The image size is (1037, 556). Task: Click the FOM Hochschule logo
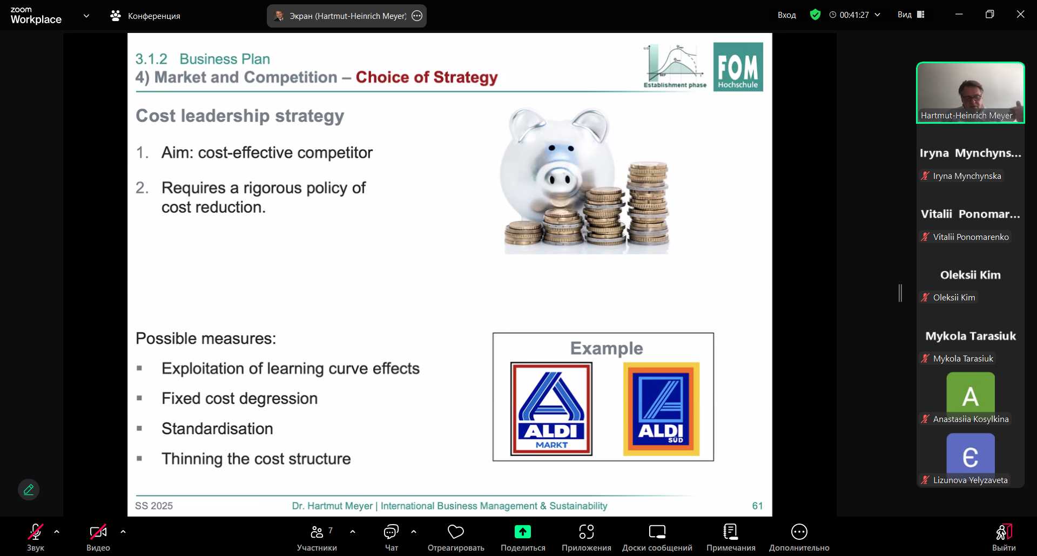tap(738, 67)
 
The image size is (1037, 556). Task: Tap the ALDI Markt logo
tap(551, 409)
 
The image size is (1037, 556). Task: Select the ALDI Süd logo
tap(661, 409)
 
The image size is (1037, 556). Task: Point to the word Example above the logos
tap(607, 349)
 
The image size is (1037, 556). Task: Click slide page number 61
tap(757, 506)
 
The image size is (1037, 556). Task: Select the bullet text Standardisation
tap(217, 429)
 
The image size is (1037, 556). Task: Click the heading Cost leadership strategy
tap(240, 116)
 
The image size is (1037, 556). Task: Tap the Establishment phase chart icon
tap(675, 66)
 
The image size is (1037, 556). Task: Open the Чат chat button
tap(391, 538)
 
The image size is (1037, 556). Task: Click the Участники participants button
tap(317, 538)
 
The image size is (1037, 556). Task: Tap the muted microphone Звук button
tap(36, 538)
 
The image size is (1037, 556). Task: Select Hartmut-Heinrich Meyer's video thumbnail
tap(970, 93)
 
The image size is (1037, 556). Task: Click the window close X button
tap(1020, 15)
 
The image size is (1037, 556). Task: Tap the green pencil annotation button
tap(29, 490)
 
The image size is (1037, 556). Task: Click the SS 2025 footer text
tap(154, 506)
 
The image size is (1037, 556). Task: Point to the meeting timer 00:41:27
tap(854, 15)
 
